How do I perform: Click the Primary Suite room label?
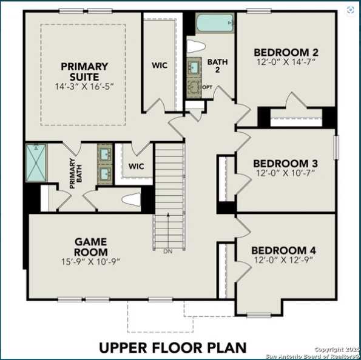(x=84, y=72)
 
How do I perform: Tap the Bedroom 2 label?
(x=286, y=52)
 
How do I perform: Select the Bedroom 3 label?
(x=285, y=163)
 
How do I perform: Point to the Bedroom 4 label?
(x=283, y=250)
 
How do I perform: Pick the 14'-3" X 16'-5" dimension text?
(x=84, y=87)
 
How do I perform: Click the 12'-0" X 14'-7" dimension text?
(x=286, y=62)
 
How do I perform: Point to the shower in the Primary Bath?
(x=36, y=162)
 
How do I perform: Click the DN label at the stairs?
(x=167, y=250)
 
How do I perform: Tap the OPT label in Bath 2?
(x=207, y=87)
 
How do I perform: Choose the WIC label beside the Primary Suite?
(x=160, y=65)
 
